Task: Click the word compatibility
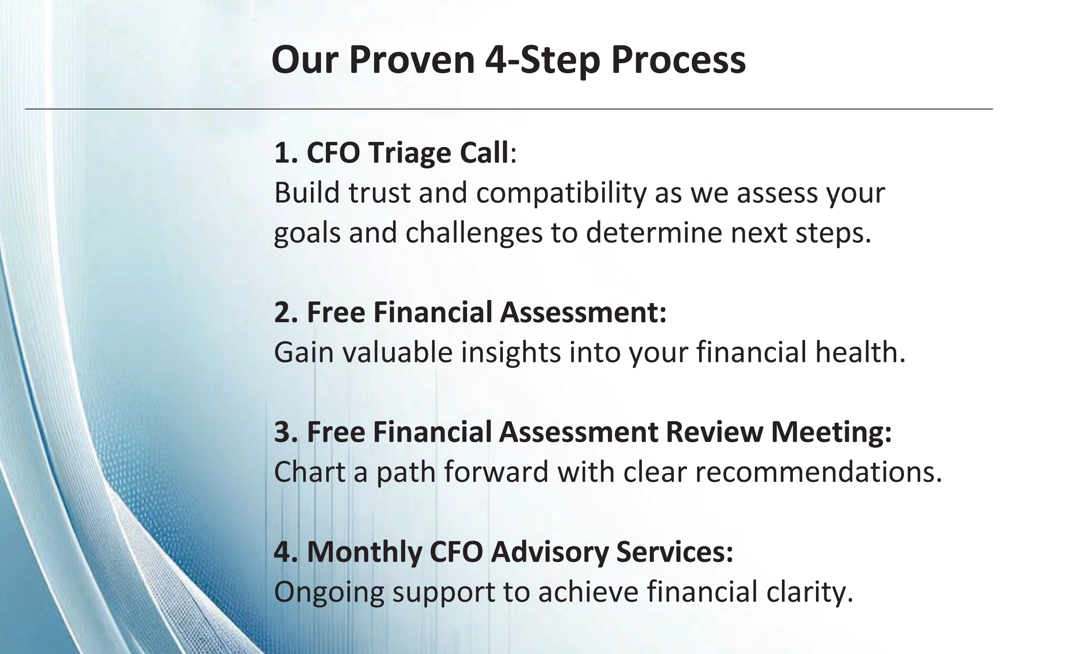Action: (561, 194)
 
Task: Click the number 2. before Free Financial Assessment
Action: (287, 312)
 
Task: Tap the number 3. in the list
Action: (287, 432)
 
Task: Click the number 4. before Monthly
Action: (287, 552)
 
